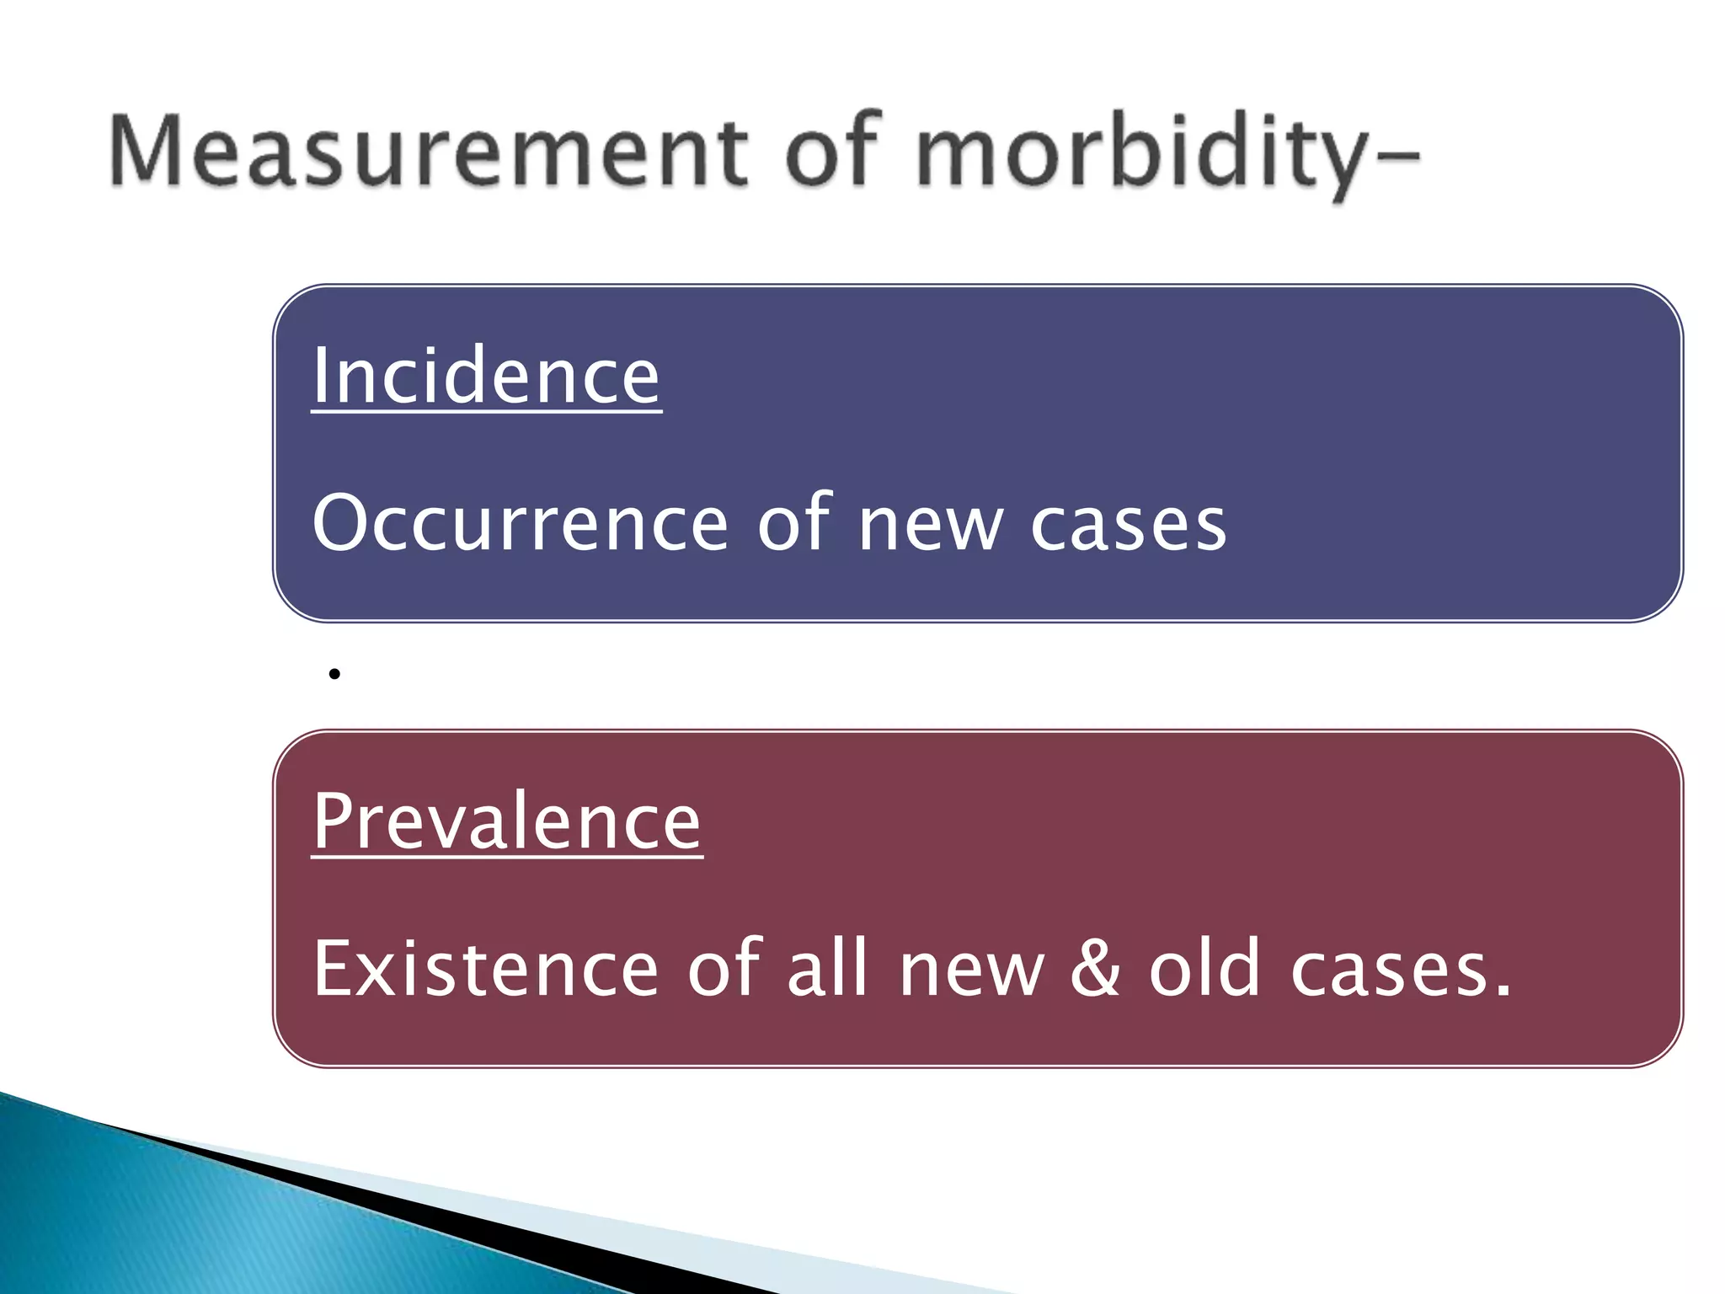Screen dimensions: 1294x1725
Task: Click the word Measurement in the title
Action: coord(428,152)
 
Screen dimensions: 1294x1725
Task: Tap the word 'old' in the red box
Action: coord(1204,969)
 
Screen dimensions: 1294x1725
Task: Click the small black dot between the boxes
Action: coord(334,674)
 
